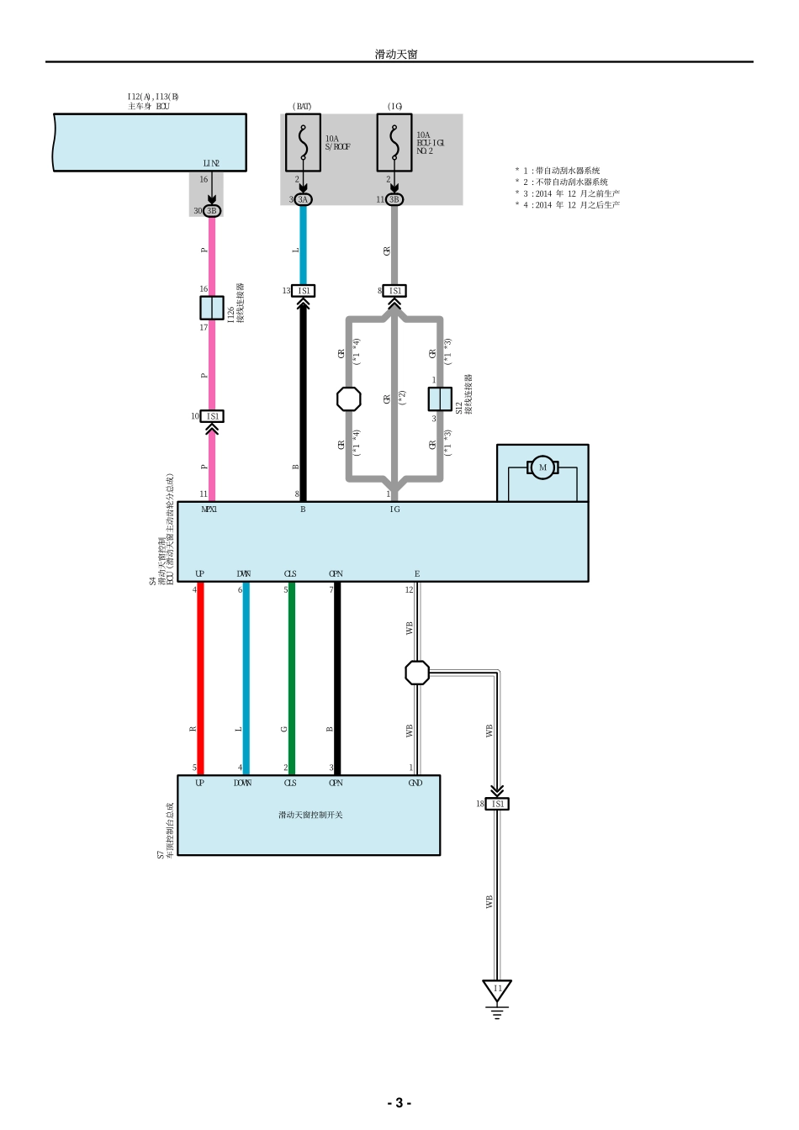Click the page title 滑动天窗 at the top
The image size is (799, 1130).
pyautogui.click(x=396, y=54)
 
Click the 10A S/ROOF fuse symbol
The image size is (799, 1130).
pyautogui.click(x=303, y=142)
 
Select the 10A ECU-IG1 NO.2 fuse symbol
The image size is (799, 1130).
pyautogui.click(x=394, y=142)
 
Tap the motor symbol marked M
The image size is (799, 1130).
pyautogui.click(x=542, y=468)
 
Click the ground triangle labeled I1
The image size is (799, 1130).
pyautogui.click(x=497, y=990)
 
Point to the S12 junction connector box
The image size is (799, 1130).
pyautogui.click(x=440, y=399)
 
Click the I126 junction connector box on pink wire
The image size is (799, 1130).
pyautogui.click(x=212, y=308)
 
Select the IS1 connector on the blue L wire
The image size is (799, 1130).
pyautogui.click(x=304, y=291)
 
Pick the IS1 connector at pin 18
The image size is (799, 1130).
pyautogui.click(x=497, y=804)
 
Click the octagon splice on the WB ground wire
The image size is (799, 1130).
pyautogui.click(x=417, y=673)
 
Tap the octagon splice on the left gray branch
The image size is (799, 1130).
pyautogui.click(x=349, y=399)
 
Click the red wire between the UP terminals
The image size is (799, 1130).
pyautogui.click(x=200, y=677)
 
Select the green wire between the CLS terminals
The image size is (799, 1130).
pyautogui.click(x=291, y=677)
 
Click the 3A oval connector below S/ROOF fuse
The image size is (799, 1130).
pyautogui.click(x=304, y=199)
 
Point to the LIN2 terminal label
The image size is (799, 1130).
pyautogui.click(x=211, y=163)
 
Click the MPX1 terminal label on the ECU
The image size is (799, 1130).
pyautogui.click(x=209, y=510)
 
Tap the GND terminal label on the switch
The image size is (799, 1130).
pyautogui.click(x=415, y=783)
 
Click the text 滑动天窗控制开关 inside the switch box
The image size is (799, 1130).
pyautogui.click(x=310, y=815)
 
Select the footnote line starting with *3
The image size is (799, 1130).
pyautogui.click(x=568, y=193)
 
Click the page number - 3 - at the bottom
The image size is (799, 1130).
pyautogui.click(x=399, y=1103)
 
